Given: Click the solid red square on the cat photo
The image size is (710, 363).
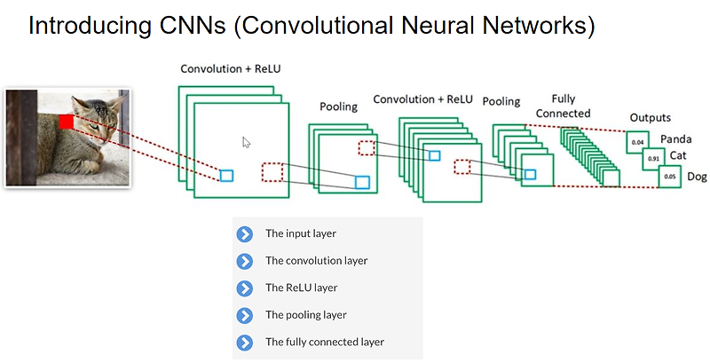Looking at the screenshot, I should coord(66,122).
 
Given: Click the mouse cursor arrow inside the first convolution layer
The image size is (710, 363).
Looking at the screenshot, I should coord(247,142).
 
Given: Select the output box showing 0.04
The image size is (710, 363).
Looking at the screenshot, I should coord(636,141).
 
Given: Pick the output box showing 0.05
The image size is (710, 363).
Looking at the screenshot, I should coord(669,177).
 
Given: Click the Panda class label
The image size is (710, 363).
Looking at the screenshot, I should coord(675,139).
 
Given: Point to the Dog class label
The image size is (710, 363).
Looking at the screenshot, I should coord(697,177).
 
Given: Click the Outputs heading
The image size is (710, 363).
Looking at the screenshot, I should coord(650,117).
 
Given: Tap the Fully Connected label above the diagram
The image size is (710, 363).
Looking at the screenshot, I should coord(564,107).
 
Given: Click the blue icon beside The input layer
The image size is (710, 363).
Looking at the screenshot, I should coord(245,234).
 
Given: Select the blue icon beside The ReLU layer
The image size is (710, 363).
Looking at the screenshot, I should coord(245,288).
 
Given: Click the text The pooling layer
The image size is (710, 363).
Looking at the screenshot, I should coord(305,315).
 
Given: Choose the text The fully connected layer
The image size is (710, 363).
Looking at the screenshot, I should coord(325,342).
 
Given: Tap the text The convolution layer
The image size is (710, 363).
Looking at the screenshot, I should coord(316,261).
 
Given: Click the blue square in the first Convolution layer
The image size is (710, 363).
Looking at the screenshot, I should coord(226,175).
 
